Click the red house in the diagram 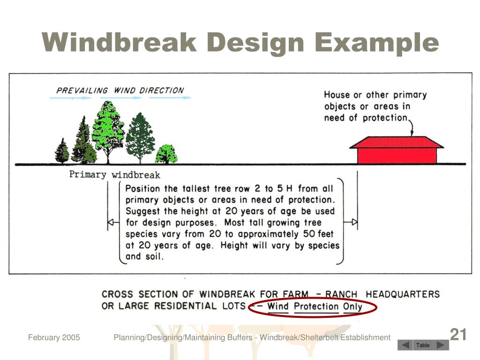point(397,150)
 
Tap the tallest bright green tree point(108,127)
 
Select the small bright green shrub point(166,154)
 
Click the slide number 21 point(458,335)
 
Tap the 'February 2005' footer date point(54,337)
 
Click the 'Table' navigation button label point(423,345)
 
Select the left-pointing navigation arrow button point(405,345)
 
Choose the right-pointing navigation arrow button point(440,345)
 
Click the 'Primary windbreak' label point(115,175)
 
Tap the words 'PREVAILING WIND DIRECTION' point(120,90)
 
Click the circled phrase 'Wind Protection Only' point(315,307)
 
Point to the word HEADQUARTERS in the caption point(403,294)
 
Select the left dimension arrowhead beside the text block point(112,222)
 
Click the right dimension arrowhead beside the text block point(354,222)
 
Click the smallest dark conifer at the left point(62,151)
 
